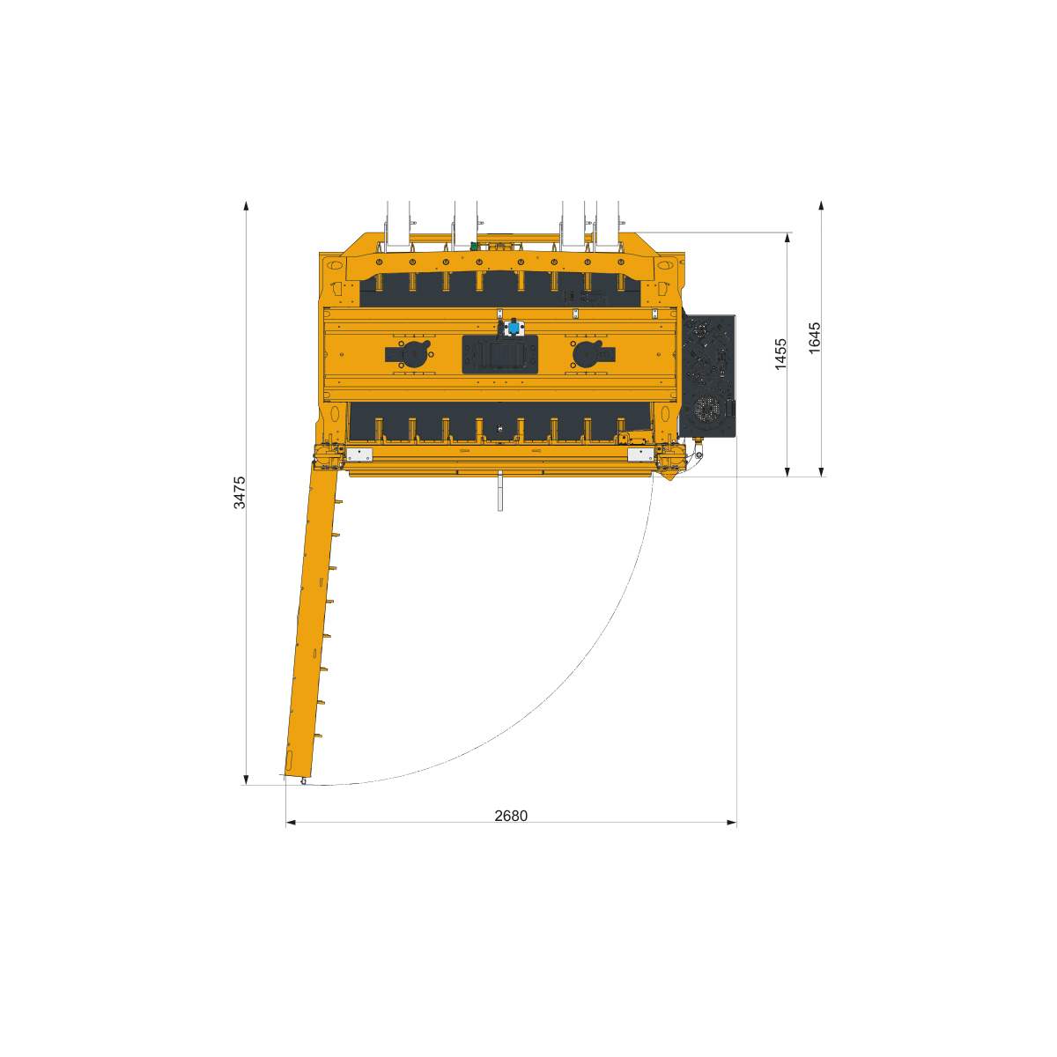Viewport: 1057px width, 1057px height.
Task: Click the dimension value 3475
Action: click(240, 492)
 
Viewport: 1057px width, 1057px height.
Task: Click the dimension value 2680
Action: click(511, 816)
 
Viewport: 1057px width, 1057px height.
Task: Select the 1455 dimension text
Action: click(780, 354)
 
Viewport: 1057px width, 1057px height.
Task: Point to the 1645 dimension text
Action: click(815, 338)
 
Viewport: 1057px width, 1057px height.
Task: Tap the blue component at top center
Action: click(514, 328)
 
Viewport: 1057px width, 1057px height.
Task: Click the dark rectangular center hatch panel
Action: click(499, 354)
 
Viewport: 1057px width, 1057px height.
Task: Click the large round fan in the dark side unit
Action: click(707, 410)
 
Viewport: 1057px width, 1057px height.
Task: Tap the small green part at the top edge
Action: click(474, 247)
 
